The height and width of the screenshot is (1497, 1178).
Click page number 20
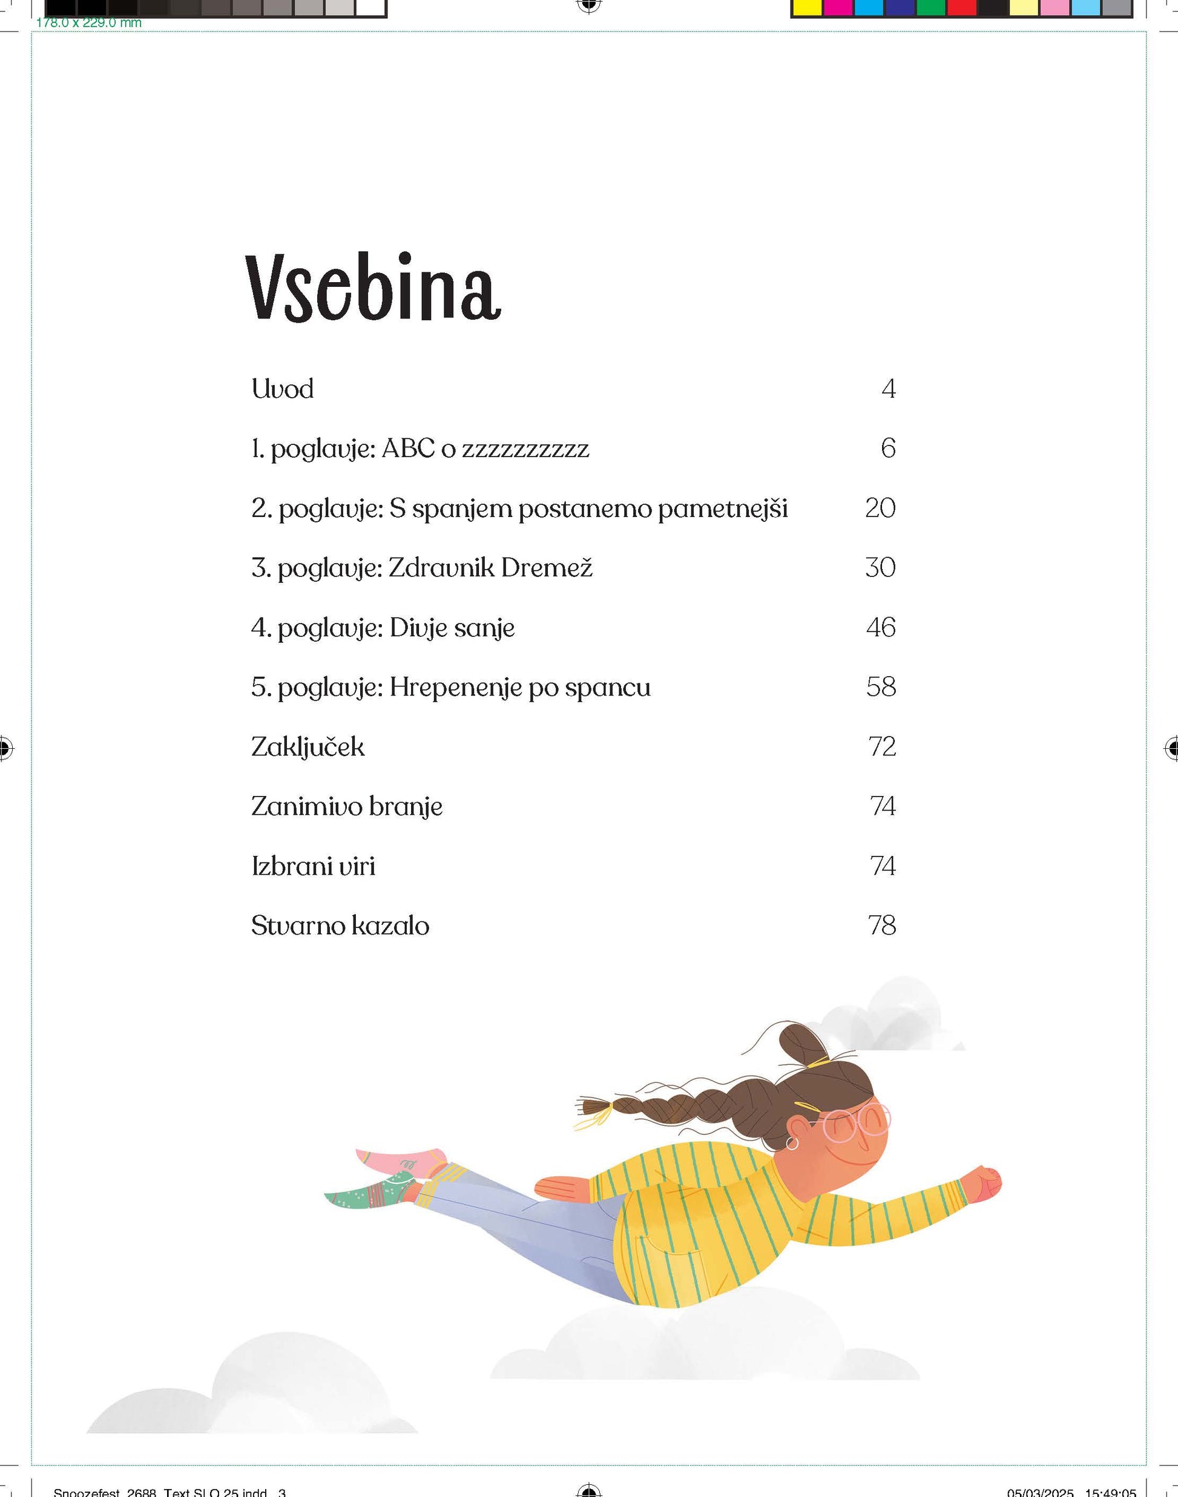point(880,508)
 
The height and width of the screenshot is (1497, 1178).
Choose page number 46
point(881,628)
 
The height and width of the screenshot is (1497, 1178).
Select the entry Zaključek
point(308,747)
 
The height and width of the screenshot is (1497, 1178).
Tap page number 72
point(882,747)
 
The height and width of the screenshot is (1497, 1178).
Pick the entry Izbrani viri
point(313,866)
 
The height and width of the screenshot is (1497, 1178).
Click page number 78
point(882,926)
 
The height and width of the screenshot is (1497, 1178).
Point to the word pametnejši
point(722,509)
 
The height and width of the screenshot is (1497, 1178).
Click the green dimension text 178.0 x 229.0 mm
point(88,23)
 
